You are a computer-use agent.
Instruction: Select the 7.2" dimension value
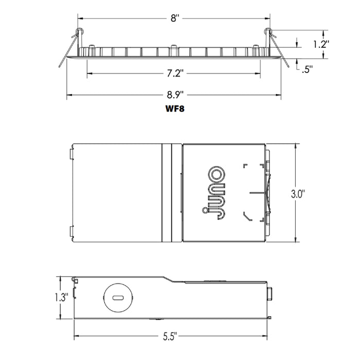coord(174,74)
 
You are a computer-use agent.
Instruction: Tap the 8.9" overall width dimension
coord(174,95)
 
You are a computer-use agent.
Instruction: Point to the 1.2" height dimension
coord(320,44)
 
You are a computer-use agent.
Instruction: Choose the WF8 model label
coord(174,109)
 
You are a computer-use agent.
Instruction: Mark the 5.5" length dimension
coord(171,337)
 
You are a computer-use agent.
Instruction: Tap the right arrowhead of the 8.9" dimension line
coord(280,95)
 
